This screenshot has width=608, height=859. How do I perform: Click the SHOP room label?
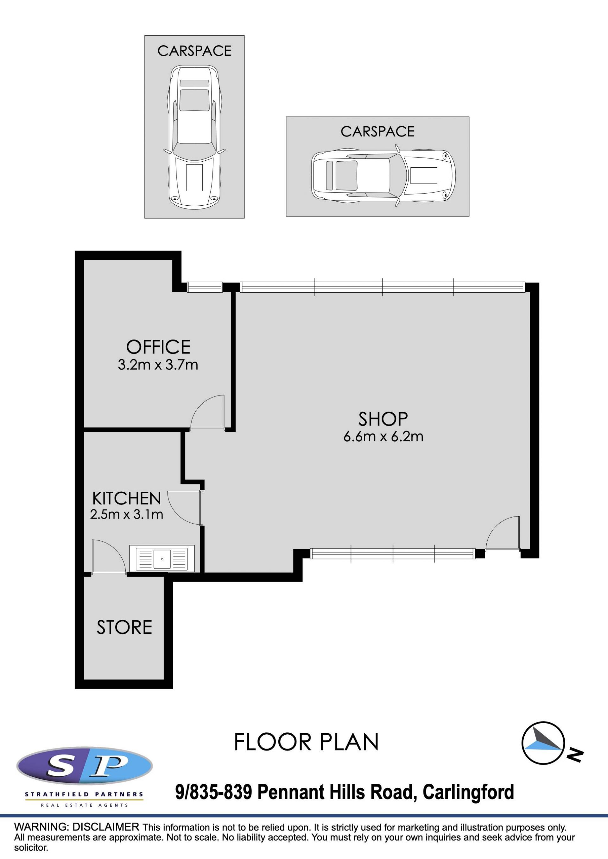pyautogui.click(x=383, y=419)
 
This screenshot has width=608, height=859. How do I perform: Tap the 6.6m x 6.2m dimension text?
pyautogui.click(x=383, y=437)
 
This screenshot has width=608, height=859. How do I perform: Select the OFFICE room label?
pyautogui.click(x=158, y=347)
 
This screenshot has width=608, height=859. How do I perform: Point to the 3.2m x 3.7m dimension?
pyautogui.click(x=158, y=365)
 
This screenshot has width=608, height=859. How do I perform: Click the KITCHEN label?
pyautogui.click(x=127, y=499)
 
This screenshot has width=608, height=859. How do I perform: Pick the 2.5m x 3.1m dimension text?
pyautogui.click(x=127, y=514)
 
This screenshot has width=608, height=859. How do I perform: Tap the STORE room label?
pyautogui.click(x=124, y=627)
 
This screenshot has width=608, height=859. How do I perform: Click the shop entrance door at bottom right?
pyautogui.click(x=503, y=533)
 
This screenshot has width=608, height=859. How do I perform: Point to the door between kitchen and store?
pyautogui.click(x=109, y=557)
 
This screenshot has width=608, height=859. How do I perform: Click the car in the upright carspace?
pyautogui.click(x=195, y=137)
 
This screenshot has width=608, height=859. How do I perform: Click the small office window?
pyautogui.click(x=205, y=287)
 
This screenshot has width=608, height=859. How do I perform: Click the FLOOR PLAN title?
pyautogui.click(x=307, y=742)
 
